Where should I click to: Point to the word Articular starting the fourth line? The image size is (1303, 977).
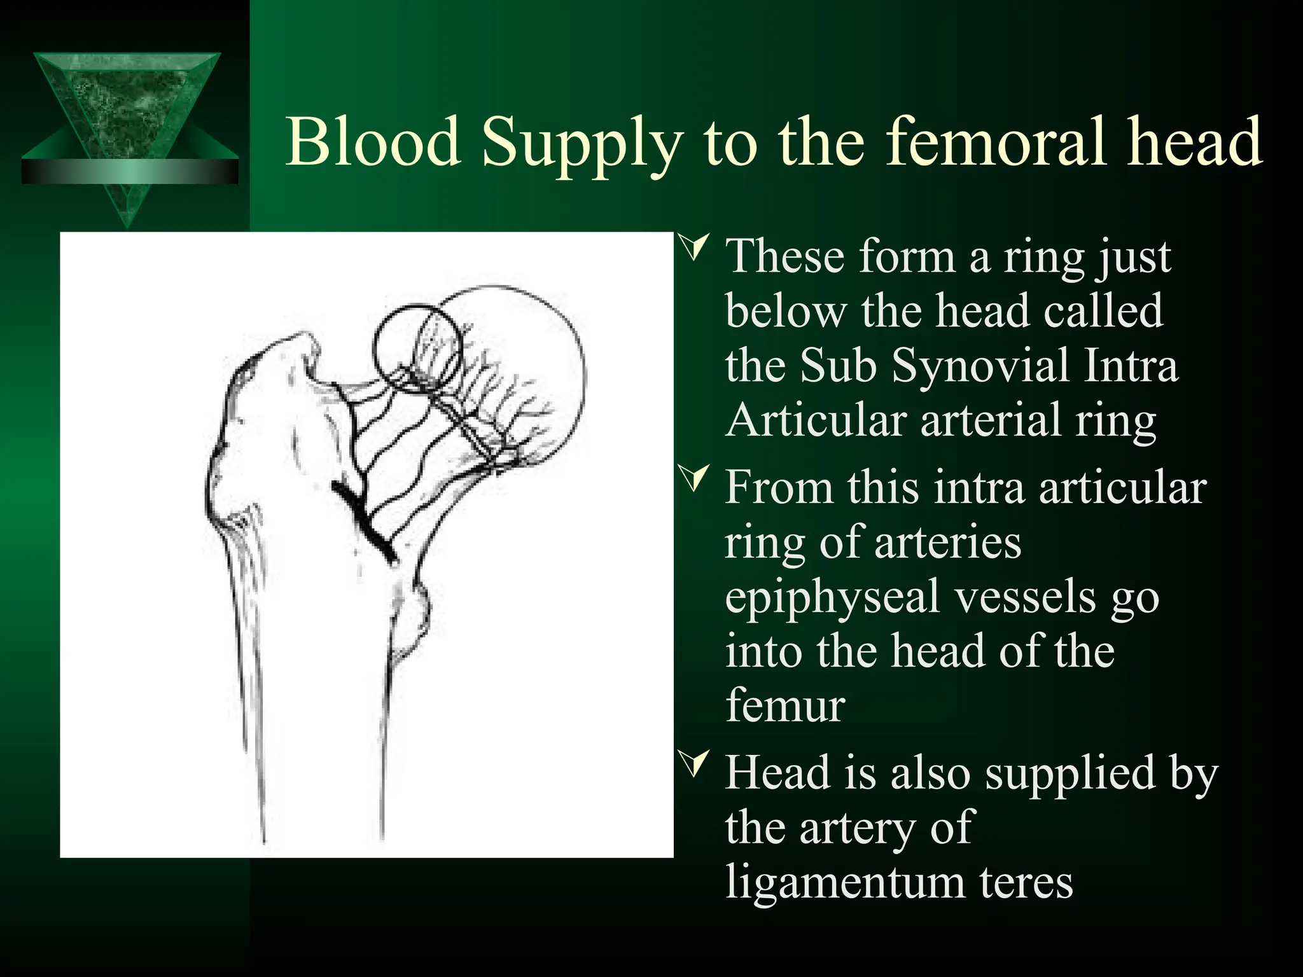(814, 420)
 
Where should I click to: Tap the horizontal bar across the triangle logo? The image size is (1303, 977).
(130, 172)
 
